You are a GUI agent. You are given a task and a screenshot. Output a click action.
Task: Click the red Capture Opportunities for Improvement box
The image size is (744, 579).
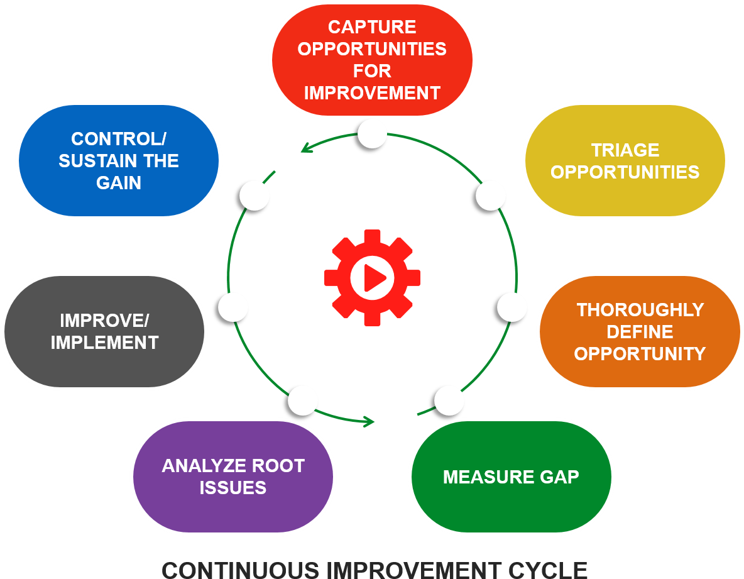372,60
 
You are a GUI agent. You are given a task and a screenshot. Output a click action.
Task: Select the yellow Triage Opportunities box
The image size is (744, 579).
625,161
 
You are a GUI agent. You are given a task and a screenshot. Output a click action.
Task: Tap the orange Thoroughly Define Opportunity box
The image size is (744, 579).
640,331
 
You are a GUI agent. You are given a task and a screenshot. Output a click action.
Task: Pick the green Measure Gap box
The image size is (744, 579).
511,477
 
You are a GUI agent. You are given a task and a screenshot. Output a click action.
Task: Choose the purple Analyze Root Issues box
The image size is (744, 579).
233,477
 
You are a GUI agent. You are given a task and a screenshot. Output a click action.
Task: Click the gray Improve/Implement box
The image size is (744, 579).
104,331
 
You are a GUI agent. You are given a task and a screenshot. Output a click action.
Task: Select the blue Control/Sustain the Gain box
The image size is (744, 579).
119,161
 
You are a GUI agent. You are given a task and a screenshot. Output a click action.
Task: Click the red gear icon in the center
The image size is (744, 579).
372,277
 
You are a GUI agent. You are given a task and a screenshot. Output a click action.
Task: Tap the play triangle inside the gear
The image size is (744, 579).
374,278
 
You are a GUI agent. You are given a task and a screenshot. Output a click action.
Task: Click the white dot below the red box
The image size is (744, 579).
372,133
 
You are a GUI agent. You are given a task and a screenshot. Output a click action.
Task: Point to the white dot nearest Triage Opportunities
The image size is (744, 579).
491,196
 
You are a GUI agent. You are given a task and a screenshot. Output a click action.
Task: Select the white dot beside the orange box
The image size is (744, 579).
512,307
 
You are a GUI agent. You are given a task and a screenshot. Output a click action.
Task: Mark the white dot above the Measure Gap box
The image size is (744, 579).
449,400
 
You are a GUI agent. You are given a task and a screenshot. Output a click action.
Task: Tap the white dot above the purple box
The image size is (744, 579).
303,400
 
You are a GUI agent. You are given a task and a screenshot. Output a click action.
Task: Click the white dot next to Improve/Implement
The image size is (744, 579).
233,307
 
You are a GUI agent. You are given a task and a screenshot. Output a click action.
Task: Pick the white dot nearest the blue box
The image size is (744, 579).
254,196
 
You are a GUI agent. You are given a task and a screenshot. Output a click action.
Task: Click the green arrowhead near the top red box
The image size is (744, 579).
305,148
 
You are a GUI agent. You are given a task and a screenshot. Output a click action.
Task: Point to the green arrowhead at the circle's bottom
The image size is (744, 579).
369,421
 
